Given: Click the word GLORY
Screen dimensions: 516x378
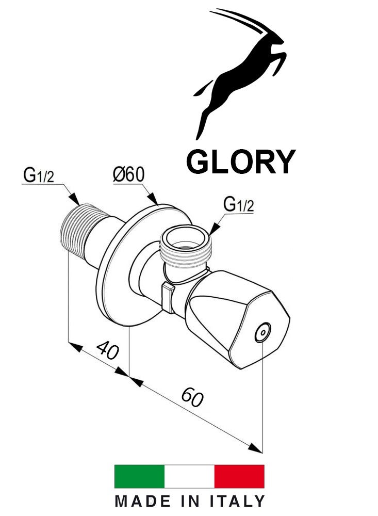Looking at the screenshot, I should pyautogui.click(x=240, y=162).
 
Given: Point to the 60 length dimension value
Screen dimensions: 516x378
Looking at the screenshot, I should pyautogui.click(x=192, y=398).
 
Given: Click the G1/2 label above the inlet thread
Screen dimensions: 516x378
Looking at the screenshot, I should pyautogui.click(x=38, y=175).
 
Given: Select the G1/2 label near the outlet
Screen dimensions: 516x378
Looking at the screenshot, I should pyautogui.click(x=238, y=205).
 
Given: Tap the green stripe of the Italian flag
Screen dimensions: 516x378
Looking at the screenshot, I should pyautogui.click(x=139, y=476).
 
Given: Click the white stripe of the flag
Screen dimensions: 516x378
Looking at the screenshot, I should pyautogui.click(x=189, y=476).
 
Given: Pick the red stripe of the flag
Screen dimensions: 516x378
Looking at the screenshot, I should pyautogui.click(x=239, y=476).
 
